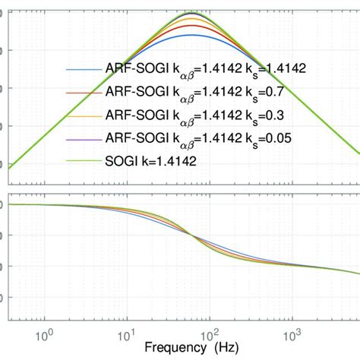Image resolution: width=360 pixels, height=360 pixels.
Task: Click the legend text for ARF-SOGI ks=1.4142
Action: (205, 69)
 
